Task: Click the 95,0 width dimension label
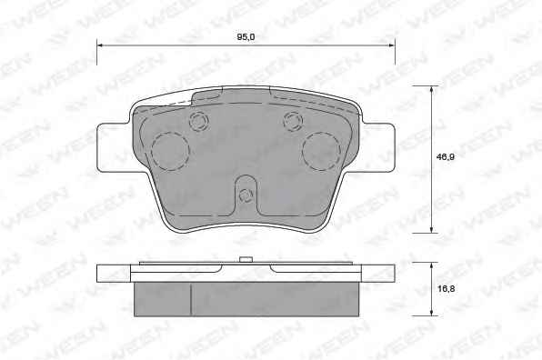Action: tap(246, 37)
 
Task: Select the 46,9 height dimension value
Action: tap(446, 157)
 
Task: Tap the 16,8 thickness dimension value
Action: tap(447, 289)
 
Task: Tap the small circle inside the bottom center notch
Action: tap(246, 195)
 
